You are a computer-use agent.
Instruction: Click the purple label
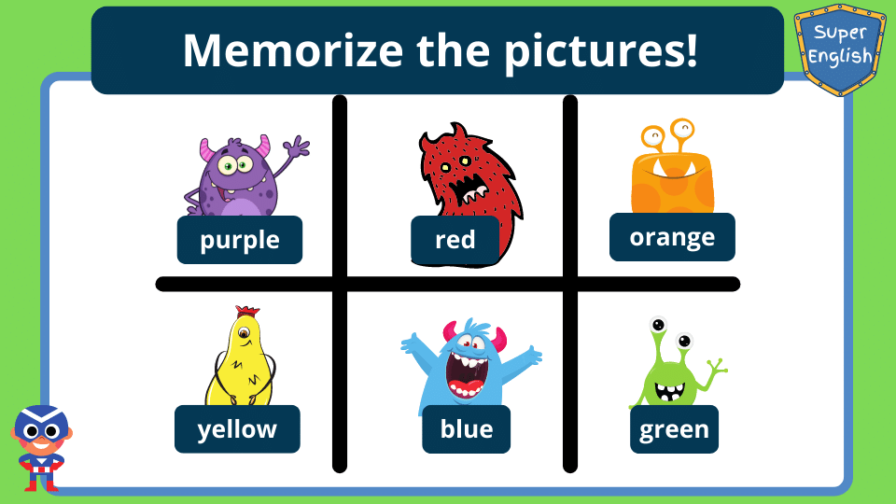[x=240, y=240]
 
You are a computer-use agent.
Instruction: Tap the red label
[x=455, y=241]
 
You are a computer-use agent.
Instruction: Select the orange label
[x=672, y=237]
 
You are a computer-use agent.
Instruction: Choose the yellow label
[x=237, y=429]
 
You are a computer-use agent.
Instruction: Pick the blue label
[x=467, y=429]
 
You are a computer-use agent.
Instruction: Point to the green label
[x=674, y=429]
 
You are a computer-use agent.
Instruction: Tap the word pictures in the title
[x=600, y=51]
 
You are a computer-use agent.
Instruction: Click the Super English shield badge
[x=840, y=49]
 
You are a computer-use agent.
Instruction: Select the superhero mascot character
[x=41, y=448]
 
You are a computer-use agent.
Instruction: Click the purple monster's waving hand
[x=296, y=147]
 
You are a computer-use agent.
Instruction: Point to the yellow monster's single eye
[x=245, y=332]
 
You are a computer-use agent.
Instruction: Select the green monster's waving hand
[x=717, y=368]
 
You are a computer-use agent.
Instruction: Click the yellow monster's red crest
[x=247, y=311]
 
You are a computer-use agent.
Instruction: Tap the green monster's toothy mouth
[x=670, y=392]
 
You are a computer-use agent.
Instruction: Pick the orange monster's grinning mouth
[x=674, y=168]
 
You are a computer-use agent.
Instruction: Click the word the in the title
[x=454, y=50]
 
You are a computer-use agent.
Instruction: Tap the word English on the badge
[x=840, y=57]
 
